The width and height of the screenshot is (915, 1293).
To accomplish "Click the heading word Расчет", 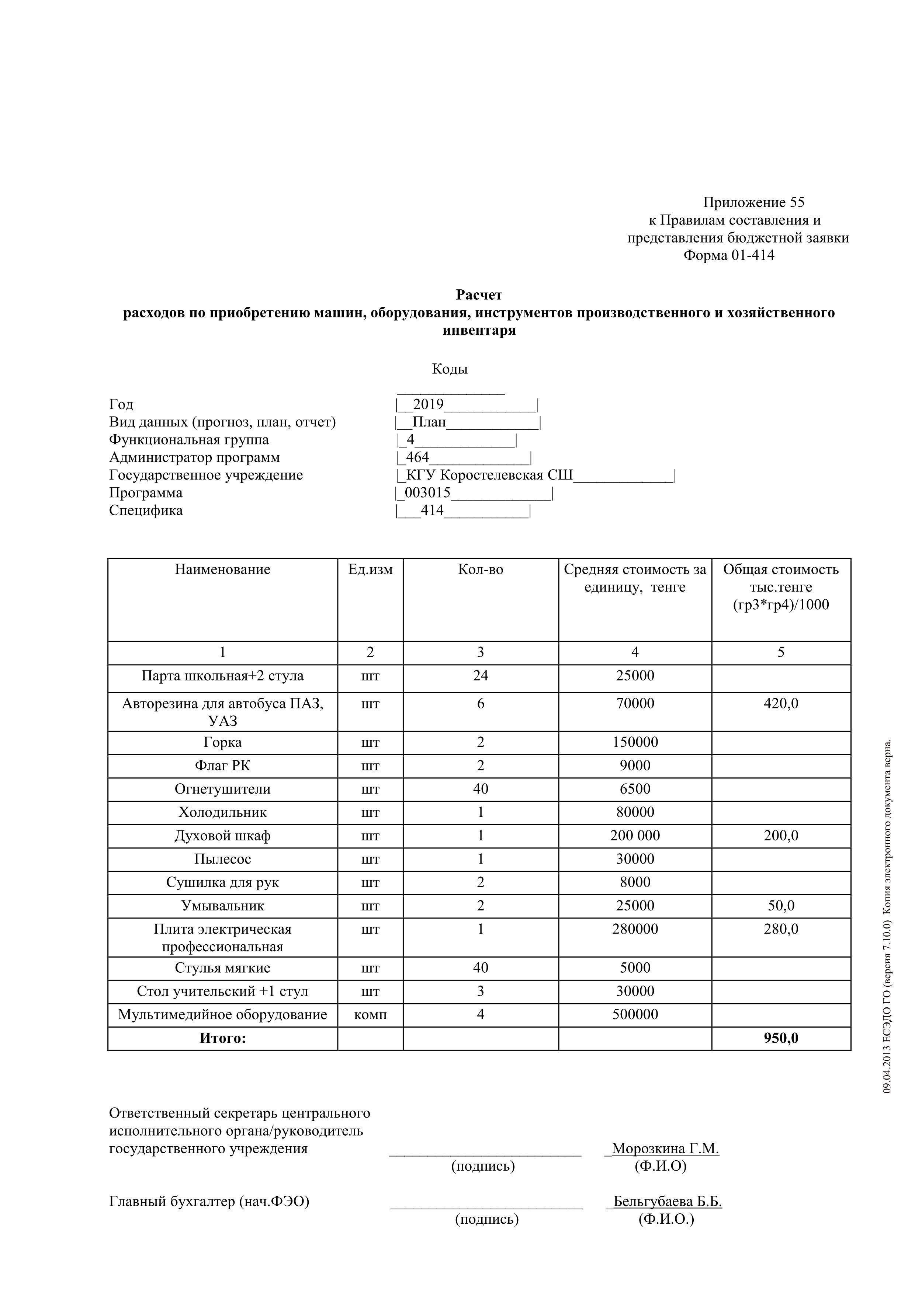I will pyautogui.click(x=479, y=295).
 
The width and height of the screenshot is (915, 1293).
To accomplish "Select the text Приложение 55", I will pyautogui.click(x=753, y=202).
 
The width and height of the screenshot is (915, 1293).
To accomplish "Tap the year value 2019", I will pyautogui.click(x=428, y=404).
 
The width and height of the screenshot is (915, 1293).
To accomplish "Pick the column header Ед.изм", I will pyautogui.click(x=370, y=569).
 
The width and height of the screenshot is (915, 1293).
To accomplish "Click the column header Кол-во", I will pyautogui.click(x=480, y=569).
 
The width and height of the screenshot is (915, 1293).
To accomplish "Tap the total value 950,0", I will pyautogui.click(x=781, y=1038).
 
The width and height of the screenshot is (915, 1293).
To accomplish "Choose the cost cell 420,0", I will pyautogui.click(x=781, y=703).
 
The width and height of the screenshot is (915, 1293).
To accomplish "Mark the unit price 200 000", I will pyautogui.click(x=635, y=836).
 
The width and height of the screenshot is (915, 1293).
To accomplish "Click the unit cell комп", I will pyautogui.click(x=370, y=1014).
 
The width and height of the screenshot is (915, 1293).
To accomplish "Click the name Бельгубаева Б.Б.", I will pyautogui.click(x=668, y=1201).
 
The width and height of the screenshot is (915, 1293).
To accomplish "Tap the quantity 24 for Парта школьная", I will pyautogui.click(x=480, y=676).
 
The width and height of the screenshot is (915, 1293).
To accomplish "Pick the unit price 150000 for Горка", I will pyautogui.click(x=635, y=742).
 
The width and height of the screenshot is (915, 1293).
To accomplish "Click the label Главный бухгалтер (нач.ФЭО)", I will pyautogui.click(x=209, y=1201).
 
